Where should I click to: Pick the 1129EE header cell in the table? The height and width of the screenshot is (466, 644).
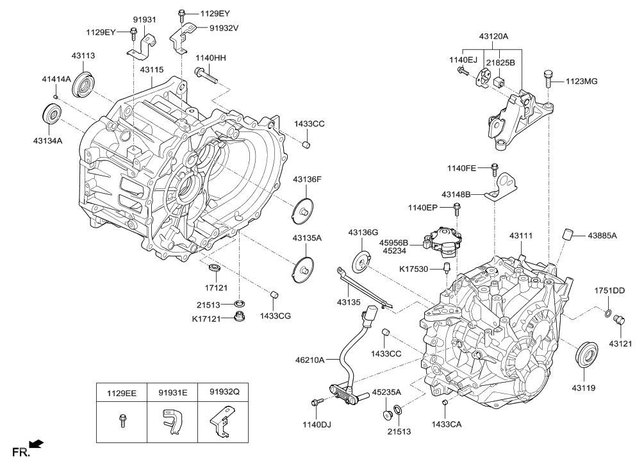(x=121, y=392)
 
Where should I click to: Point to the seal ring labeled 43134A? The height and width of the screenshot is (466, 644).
(x=52, y=113)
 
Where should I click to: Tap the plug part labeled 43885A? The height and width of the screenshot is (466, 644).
(x=566, y=234)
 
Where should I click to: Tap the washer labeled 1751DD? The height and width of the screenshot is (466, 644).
(x=606, y=313)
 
